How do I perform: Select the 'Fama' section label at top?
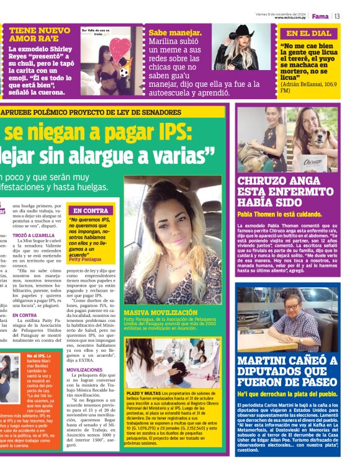click(320, 16)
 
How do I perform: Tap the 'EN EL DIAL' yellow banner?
click(308, 33)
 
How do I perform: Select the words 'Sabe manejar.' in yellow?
click(175, 32)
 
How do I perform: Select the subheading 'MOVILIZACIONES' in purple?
click(84, 369)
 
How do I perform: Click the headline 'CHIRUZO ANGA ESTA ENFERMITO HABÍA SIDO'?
click(286, 193)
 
